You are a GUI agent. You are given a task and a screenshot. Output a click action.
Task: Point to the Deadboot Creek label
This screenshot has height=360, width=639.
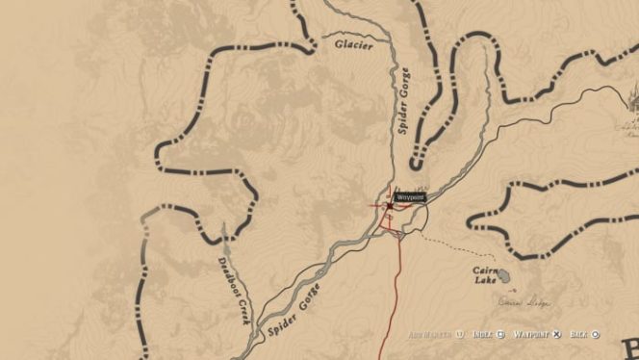coord(232,289)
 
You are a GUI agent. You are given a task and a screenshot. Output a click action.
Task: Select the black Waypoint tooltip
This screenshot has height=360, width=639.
coord(410,196)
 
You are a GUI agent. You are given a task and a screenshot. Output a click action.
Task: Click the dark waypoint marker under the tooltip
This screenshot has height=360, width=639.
coord(389,205)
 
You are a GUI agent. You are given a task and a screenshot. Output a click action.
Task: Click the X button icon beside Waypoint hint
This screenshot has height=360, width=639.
coord(555,334)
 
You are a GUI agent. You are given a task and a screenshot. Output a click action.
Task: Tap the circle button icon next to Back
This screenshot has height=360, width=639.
coord(597,334)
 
